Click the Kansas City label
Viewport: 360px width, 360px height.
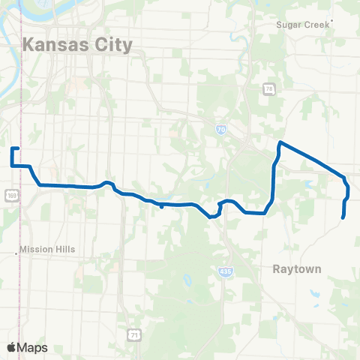pos(78,44)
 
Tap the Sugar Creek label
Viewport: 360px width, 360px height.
pos(303,25)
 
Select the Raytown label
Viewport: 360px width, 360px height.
pos(296,268)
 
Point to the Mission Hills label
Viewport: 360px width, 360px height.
pos(48,250)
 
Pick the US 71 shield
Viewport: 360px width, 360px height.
pos(132,333)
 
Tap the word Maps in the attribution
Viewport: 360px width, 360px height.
pos(33,347)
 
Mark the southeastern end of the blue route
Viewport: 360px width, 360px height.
pos(343,217)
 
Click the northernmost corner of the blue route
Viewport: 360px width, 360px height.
pos(280,142)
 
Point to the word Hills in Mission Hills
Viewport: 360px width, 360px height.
pos(65,250)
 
